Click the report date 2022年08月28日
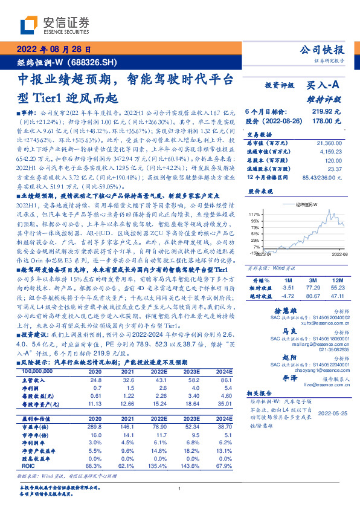54,49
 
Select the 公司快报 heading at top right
323,50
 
